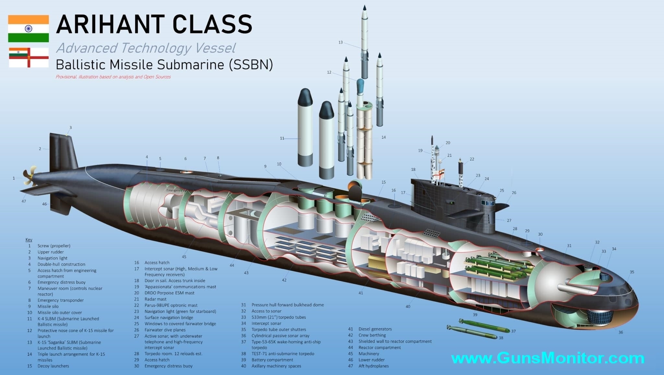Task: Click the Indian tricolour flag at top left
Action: (29, 29)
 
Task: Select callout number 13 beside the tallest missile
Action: (340, 42)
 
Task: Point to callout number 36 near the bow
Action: (621, 332)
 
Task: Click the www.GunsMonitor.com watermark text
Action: (548, 358)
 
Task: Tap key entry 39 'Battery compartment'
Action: (272, 360)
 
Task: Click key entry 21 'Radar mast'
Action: (155, 299)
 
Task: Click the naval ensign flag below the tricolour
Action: (29, 57)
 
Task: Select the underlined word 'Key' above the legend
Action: (29, 240)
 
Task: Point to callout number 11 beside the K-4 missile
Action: (282, 138)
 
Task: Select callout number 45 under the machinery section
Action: (184, 257)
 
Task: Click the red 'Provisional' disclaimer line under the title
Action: (113, 77)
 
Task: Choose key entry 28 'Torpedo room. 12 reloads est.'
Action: (173, 354)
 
